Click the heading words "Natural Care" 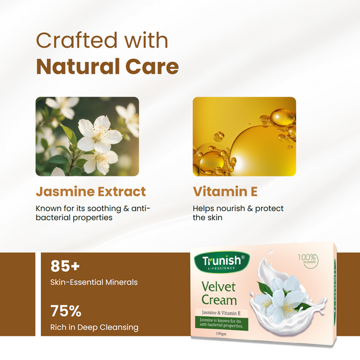point(107,65)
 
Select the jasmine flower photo point(87,136)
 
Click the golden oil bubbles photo point(244,136)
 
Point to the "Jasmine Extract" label point(91,192)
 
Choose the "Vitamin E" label point(225,192)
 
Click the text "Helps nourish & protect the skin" point(238,213)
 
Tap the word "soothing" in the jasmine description point(105,209)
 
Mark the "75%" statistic point(66,311)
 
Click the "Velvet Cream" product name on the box point(218,293)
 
